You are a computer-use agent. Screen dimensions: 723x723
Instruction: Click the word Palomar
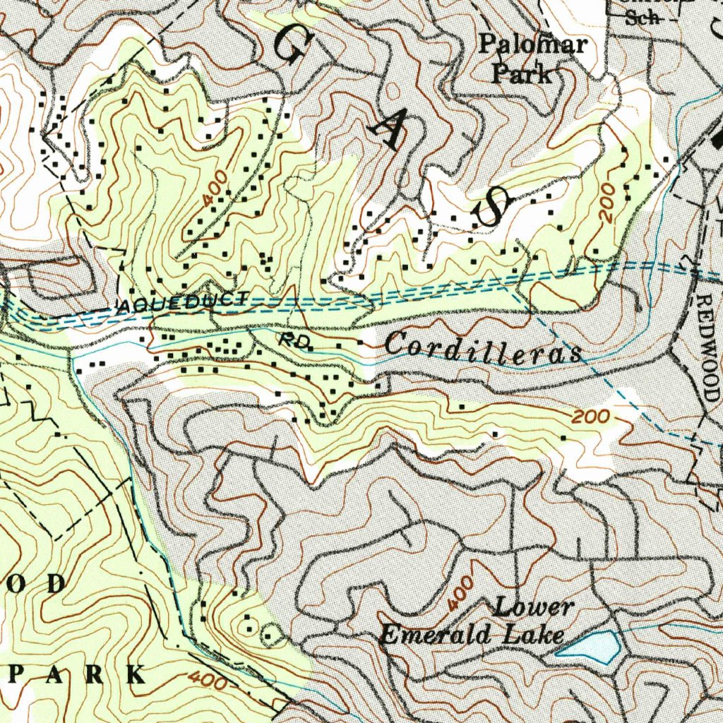(x=533, y=45)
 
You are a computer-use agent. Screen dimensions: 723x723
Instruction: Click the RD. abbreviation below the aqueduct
(x=294, y=340)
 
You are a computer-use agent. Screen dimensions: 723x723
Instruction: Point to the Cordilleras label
(x=484, y=349)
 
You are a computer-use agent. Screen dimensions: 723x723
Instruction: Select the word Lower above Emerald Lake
(x=533, y=607)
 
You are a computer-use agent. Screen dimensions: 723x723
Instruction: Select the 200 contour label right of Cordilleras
(x=590, y=417)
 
